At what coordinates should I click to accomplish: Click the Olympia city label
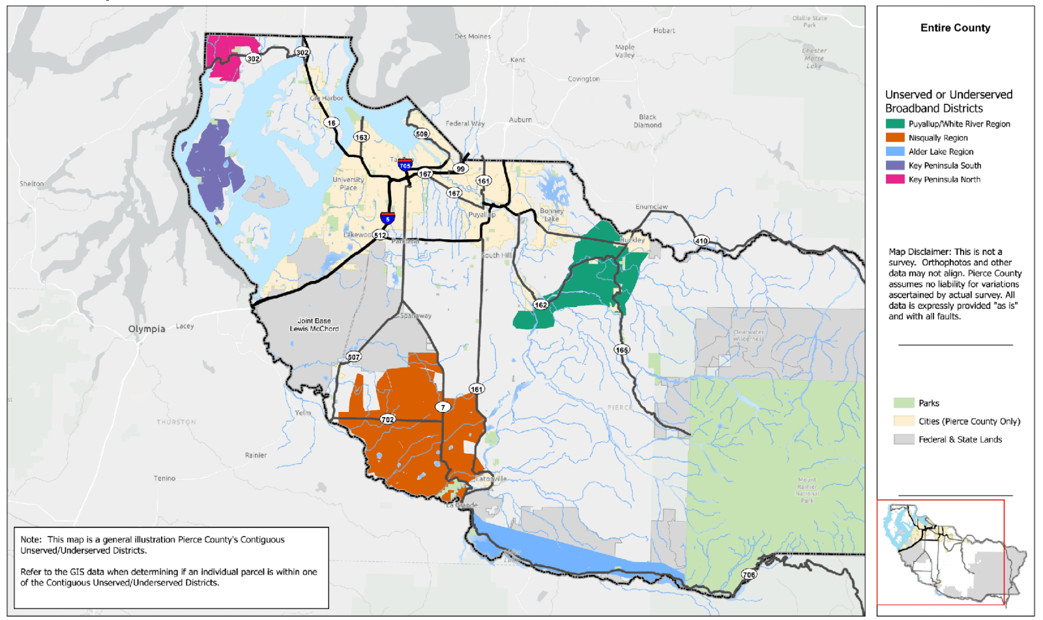click(x=147, y=329)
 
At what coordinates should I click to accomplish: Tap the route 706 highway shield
click(x=749, y=574)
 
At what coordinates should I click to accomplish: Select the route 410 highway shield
click(x=701, y=241)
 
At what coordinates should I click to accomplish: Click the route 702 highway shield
click(x=388, y=419)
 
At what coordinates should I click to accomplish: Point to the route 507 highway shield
click(x=353, y=357)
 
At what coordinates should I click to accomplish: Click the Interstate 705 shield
click(x=405, y=165)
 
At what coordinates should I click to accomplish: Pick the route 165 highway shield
click(x=622, y=349)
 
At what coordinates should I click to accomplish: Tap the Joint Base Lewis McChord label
click(x=314, y=325)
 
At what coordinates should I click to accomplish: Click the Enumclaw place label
click(x=651, y=207)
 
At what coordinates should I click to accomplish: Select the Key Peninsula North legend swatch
click(x=894, y=179)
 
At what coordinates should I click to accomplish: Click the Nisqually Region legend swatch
click(x=894, y=138)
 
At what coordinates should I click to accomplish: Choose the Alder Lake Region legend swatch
click(x=894, y=151)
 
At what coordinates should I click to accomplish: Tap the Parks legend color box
click(x=903, y=403)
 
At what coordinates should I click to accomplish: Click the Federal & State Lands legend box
click(x=903, y=439)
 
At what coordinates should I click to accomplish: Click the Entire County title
click(x=955, y=28)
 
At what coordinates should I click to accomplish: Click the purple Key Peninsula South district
click(x=212, y=166)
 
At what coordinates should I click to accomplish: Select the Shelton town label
click(x=31, y=184)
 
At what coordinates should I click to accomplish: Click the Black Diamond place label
click(x=647, y=121)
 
